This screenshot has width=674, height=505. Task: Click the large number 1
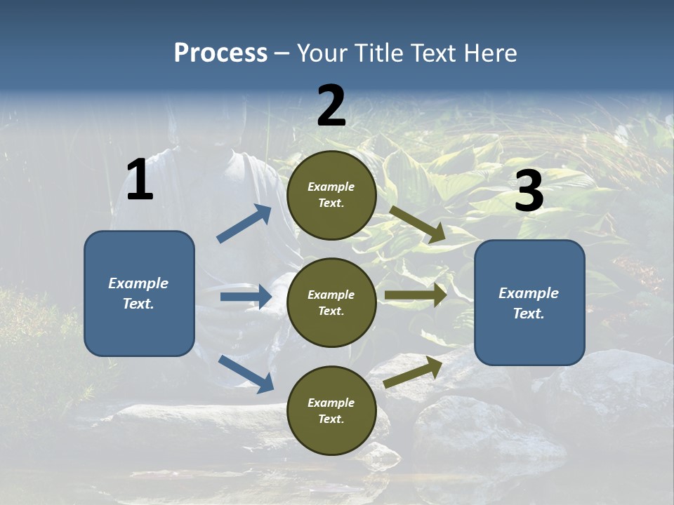click(140, 180)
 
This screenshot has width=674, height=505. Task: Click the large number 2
click(331, 107)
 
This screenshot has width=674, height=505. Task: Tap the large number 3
click(529, 191)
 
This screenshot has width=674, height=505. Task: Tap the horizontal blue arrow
click(246, 297)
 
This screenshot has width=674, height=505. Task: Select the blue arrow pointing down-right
click(246, 374)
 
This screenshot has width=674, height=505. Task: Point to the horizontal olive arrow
click(416, 295)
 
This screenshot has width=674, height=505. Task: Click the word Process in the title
click(220, 53)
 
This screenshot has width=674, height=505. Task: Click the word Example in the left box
click(138, 283)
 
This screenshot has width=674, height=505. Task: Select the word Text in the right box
click(528, 314)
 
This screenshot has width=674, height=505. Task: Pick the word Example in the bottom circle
click(331, 403)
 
